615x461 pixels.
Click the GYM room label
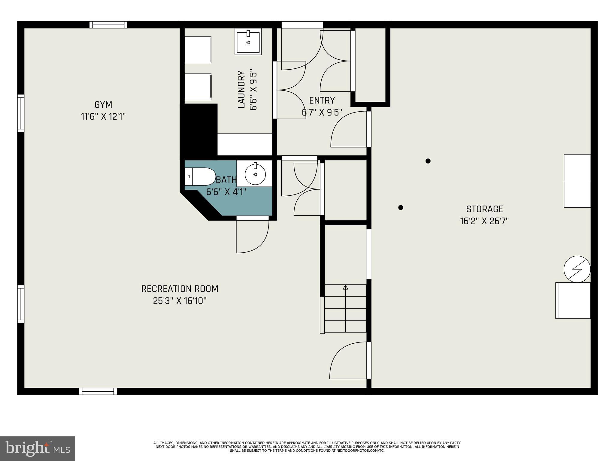click(x=103, y=105)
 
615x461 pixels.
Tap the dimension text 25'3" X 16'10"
click(x=180, y=301)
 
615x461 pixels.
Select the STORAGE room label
click(x=484, y=209)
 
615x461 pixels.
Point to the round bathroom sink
click(x=255, y=174)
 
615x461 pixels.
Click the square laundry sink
click(x=248, y=42)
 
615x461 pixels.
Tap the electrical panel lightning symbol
click(x=577, y=269)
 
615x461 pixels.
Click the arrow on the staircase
click(x=345, y=287)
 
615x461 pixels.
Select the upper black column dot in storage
click(x=428, y=161)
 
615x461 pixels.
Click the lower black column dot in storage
click(x=401, y=207)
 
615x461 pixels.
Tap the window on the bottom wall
click(x=98, y=391)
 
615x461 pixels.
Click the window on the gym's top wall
click(x=108, y=25)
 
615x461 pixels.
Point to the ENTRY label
click(x=322, y=100)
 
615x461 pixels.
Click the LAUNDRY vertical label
click(x=241, y=89)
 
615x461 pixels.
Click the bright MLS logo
click(x=38, y=449)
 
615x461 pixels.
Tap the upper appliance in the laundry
click(x=198, y=50)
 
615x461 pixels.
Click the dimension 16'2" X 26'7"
click(x=484, y=221)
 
